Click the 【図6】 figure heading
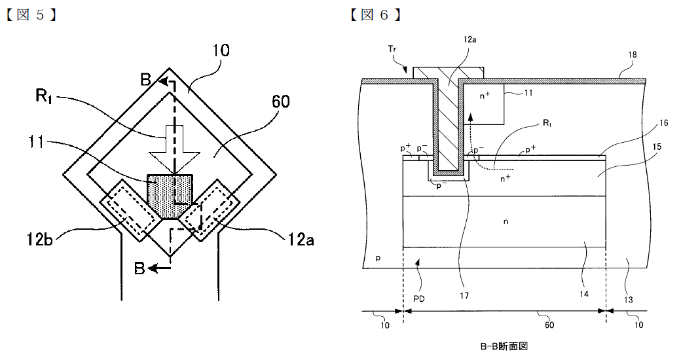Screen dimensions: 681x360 pos(375,15)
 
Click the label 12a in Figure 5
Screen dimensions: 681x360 pos(299,240)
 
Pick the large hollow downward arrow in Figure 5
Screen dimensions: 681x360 pos(174,149)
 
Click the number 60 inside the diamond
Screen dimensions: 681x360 pos(280,101)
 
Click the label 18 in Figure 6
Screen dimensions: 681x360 pos(633,55)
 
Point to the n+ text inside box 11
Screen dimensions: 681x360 pos(485,96)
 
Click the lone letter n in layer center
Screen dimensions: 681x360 pos(506,222)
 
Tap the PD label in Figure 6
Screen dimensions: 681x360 pos(419,298)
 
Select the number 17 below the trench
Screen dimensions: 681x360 pos(465,295)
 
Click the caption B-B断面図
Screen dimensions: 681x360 pos(504,346)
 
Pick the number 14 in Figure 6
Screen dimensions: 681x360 pos(584,294)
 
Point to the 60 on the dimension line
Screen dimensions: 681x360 pos(549,325)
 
